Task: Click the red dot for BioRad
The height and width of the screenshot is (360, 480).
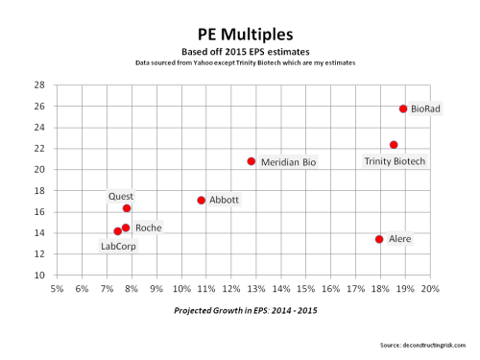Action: pyautogui.click(x=403, y=109)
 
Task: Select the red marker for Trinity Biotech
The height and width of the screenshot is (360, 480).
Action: pyautogui.click(x=394, y=145)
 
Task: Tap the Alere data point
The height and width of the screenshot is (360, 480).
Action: pyautogui.click(x=379, y=239)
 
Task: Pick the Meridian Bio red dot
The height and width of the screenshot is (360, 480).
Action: pyautogui.click(x=252, y=161)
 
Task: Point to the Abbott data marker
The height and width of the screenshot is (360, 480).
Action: pyautogui.click(x=201, y=201)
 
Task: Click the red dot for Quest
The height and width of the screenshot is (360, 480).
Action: pyautogui.click(x=127, y=208)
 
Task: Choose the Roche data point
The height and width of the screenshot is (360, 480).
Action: pyautogui.click(x=126, y=228)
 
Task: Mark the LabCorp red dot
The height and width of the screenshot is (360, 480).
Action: pyautogui.click(x=117, y=231)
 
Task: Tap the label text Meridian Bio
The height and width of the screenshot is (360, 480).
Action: pyautogui.click(x=288, y=163)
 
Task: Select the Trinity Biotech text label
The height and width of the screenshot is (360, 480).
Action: pyautogui.click(x=395, y=161)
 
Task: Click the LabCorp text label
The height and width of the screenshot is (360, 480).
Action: pyautogui.click(x=120, y=247)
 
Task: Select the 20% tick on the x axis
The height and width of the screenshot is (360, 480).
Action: pyautogui.click(x=429, y=288)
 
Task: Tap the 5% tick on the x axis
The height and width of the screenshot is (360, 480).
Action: pyautogui.click(x=57, y=288)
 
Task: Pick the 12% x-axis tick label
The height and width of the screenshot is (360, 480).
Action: pyautogui.click(x=230, y=288)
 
